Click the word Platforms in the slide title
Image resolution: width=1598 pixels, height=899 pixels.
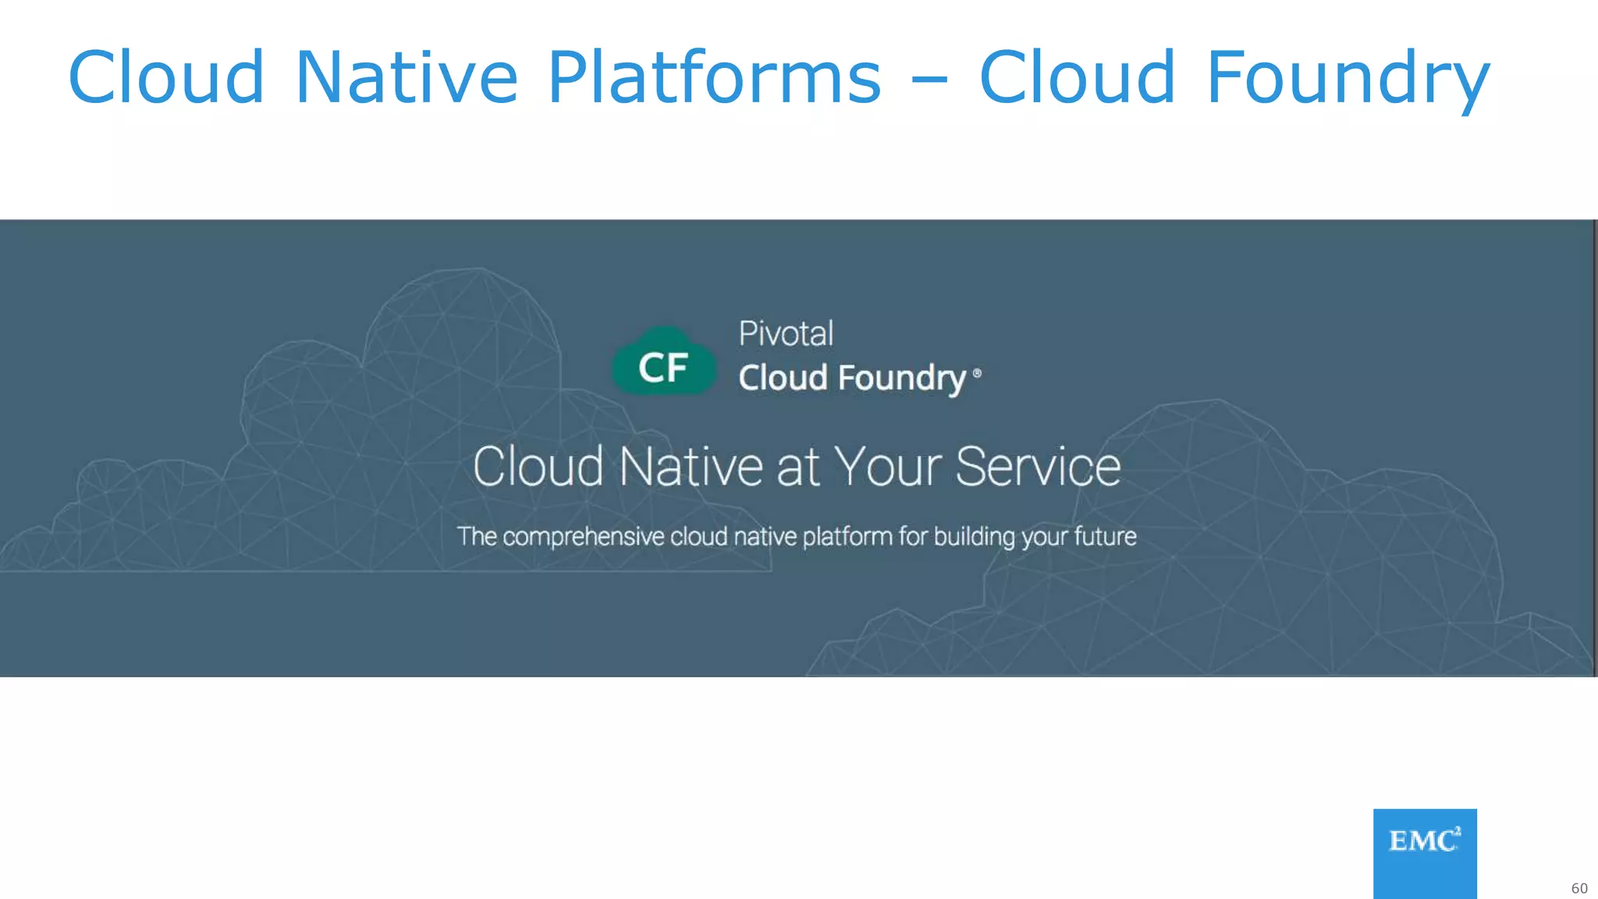(714, 77)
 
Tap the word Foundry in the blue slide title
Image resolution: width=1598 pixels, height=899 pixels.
(1348, 77)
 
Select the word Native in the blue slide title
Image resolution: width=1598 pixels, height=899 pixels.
(407, 77)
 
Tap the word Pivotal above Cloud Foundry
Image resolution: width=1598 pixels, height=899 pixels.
(786, 334)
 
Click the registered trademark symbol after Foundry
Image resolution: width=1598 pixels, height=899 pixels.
(977, 374)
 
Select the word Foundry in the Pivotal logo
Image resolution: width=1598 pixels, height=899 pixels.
(903, 378)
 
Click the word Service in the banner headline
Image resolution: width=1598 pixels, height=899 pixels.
(1038, 467)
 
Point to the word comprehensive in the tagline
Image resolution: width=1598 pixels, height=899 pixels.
(583, 537)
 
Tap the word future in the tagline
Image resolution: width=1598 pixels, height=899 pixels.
(1105, 537)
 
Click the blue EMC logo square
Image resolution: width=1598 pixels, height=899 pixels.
(1425, 853)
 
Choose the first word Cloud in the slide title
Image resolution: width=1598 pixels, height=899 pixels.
(166, 77)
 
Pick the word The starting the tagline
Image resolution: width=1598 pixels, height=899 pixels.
(477, 537)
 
